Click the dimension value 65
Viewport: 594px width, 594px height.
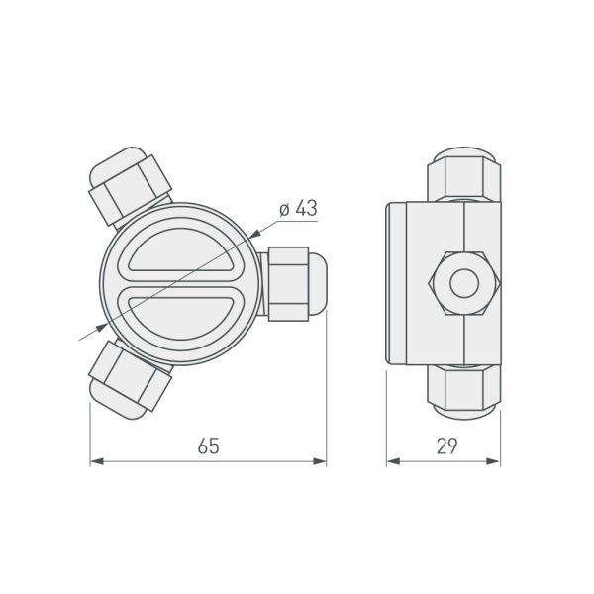(x=207, y=445)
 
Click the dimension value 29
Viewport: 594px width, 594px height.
(x=445, y=445)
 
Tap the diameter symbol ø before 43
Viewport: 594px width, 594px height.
(x=284, y=210)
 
